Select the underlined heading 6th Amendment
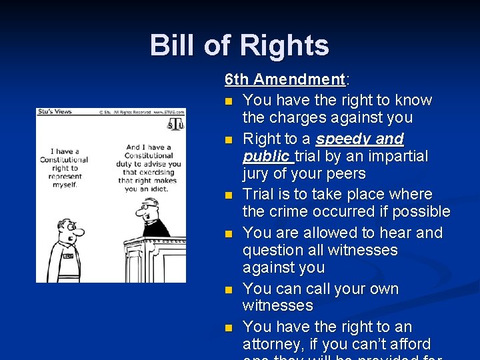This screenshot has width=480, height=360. (x=285, y=79)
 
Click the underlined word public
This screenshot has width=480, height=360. (x=266, y=156)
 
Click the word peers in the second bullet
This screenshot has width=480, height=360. (x=343, y=173)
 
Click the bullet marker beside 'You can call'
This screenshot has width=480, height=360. (x=229, y=290)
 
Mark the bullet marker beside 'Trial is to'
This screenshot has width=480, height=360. (x=229, y=195)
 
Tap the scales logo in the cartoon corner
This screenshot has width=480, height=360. (x=175, y=125)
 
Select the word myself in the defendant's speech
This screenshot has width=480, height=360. (x=65, y=185)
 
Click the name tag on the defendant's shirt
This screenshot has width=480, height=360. (x=67, y=255)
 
